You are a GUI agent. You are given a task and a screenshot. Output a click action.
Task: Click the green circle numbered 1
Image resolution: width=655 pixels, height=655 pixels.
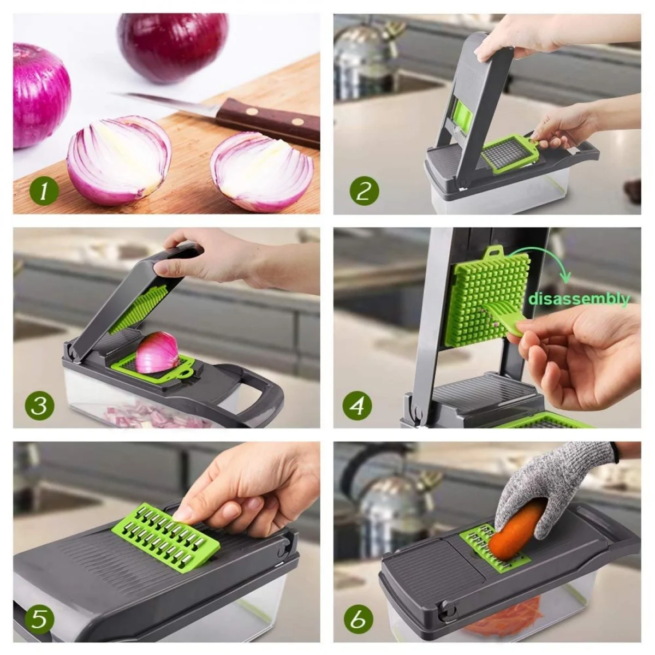44,191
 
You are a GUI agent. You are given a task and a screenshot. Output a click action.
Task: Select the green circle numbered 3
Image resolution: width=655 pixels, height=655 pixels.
39,406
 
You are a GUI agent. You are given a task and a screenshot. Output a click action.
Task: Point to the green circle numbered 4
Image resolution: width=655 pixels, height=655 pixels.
357,406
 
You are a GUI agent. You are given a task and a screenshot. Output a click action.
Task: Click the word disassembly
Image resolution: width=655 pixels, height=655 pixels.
579,299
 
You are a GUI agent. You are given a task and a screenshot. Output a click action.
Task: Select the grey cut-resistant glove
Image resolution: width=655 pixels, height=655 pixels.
557,490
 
